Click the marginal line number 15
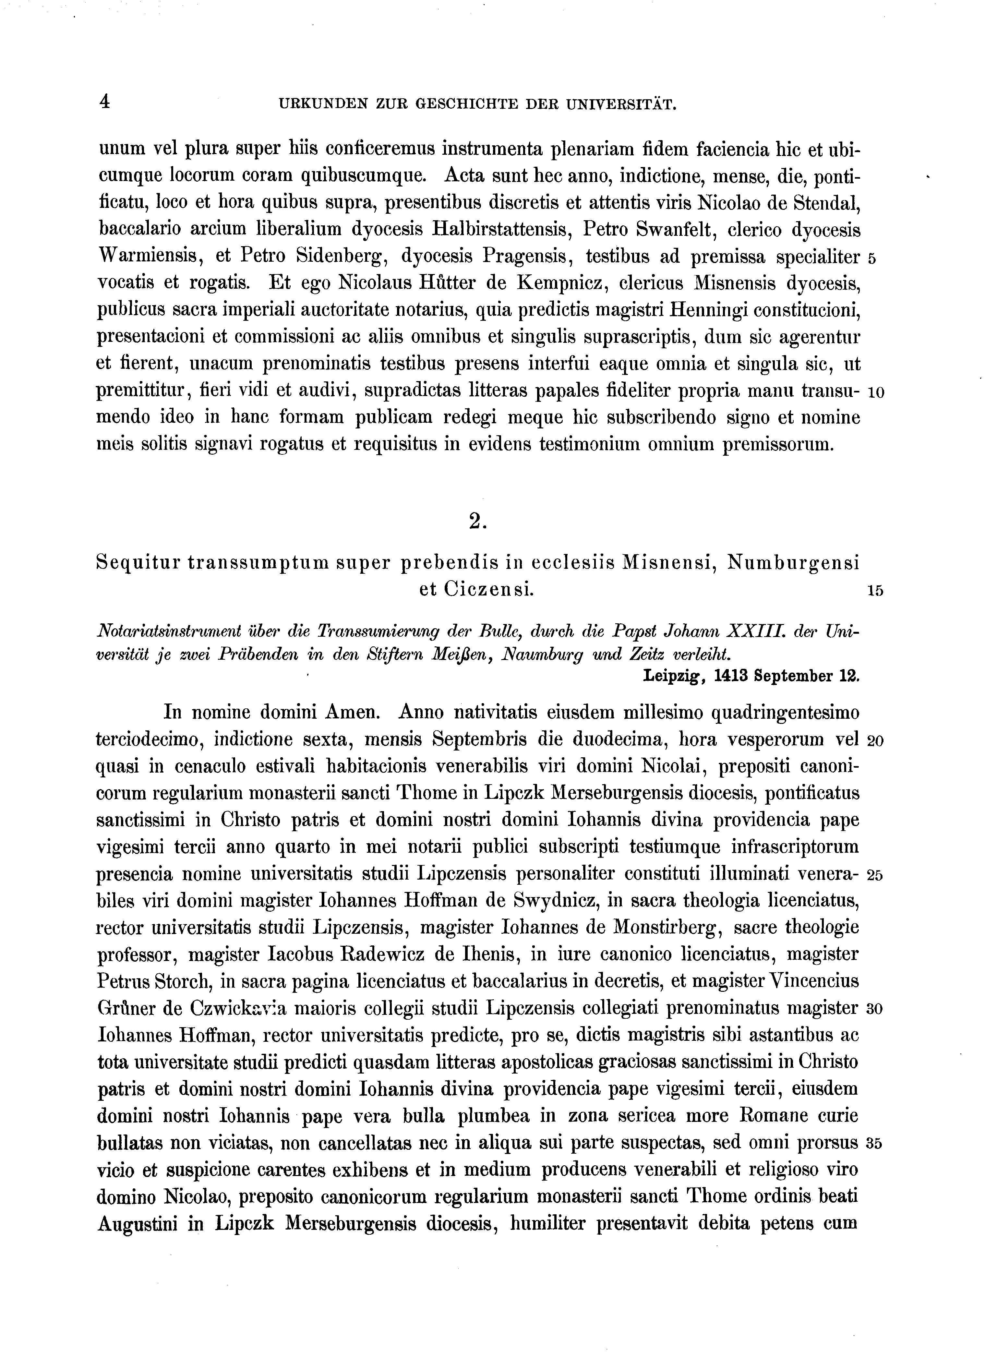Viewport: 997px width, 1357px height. click(875, 592)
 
